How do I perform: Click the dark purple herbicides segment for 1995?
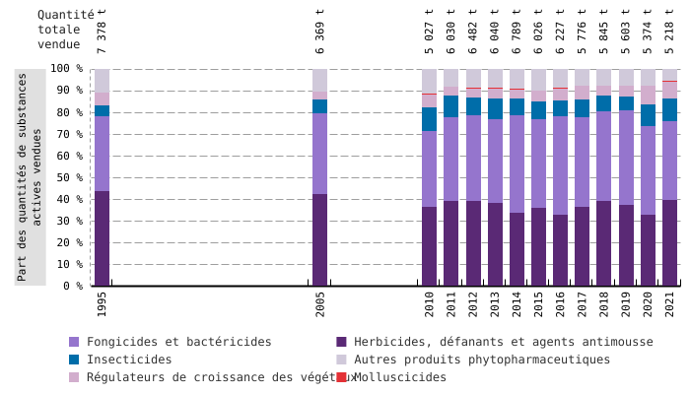102,238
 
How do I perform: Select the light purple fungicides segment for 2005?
320,154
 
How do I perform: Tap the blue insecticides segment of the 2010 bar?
430,119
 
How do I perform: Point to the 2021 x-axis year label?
670,303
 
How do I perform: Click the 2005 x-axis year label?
320,303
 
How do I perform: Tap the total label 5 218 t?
670,32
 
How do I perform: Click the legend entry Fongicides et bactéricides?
178,342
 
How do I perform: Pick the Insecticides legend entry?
129,360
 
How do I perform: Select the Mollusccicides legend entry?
399,377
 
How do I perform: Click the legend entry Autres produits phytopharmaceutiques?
482,360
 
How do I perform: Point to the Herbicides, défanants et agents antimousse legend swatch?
341,342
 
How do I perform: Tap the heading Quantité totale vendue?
65,30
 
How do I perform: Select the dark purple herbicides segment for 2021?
670,243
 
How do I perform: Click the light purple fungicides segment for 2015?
539,164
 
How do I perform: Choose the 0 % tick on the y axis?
71,286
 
